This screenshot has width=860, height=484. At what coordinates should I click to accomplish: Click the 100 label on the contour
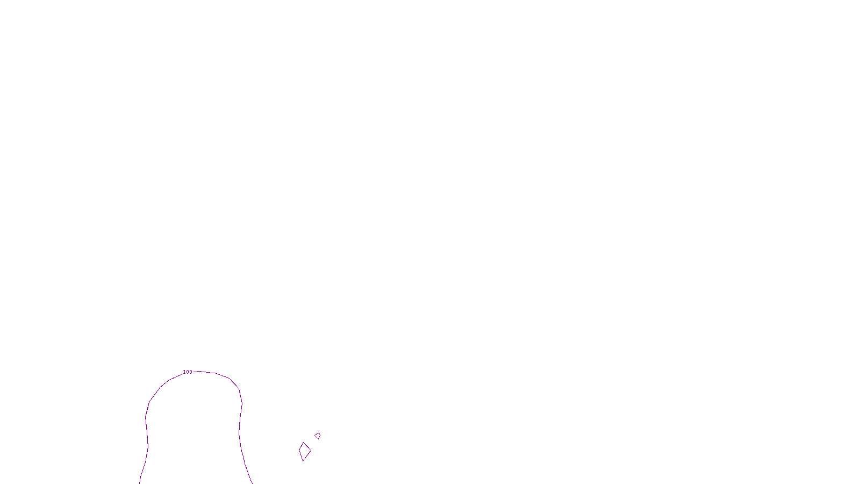pos(188,372)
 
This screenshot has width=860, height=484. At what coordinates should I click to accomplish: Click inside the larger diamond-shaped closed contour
pos(305,452)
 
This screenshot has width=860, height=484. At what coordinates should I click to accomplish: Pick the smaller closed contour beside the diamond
pos(318,436)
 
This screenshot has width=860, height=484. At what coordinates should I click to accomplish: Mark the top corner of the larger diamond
pos(304,443)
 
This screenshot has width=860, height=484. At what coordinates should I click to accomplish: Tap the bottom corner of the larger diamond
pos(303,461)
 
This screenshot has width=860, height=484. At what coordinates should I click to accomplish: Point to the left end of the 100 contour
pos(140,482)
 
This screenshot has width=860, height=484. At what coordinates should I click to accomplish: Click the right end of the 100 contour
pos(252,482)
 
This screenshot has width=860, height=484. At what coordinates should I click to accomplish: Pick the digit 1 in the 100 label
pos(184,372)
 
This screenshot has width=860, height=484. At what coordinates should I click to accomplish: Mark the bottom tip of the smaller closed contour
pos(319,439)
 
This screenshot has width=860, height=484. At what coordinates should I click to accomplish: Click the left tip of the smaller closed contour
pos(315,435)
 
